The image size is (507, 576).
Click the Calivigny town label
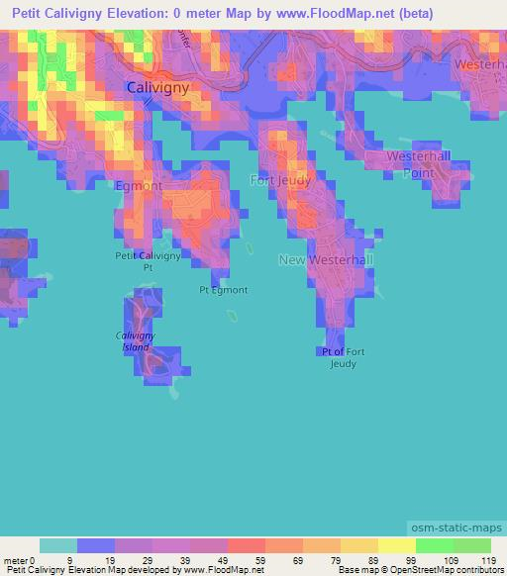pyautogui.click(x=157, y=88)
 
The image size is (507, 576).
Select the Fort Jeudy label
pyautogui.click(x=280, y=181)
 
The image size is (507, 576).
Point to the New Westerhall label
pyautogui.click(x=326, y=260)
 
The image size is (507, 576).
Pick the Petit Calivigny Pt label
pyautogui.click(x=148, y=261)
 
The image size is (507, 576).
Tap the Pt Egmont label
pyautogui.click(x=223, y=290)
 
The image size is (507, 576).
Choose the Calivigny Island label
pyautogui.click(x=136, y=341)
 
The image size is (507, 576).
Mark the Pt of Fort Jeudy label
pyautogui.click(x=344, y=357)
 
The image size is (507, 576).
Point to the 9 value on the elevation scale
pyautogui.click(x=69, y=560)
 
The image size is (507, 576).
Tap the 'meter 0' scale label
pyautogui.click(x=20, y=560)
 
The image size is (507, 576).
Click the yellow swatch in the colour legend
pyautogui.click(x=396, y=545)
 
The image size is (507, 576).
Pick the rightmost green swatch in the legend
pyautogui.click(x=472, y=545)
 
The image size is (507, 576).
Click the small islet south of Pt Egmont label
pyautogui.click(x=233, y=317)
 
